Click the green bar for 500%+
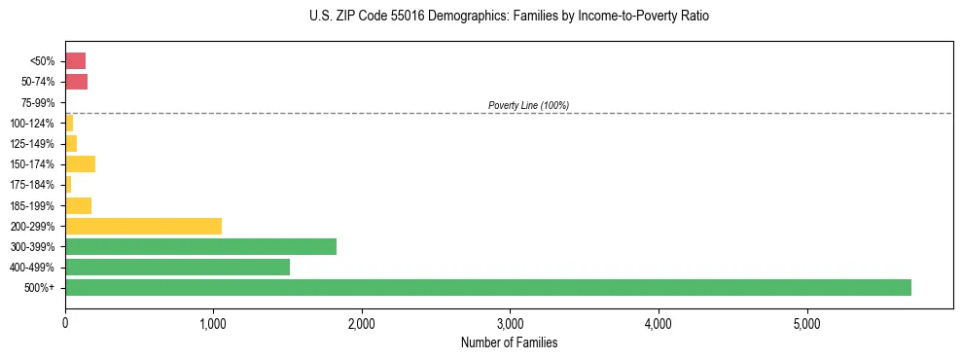pos(487,287)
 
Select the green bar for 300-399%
pos(200,246)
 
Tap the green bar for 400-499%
pos(177,267)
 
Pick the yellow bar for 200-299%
pos(143,226)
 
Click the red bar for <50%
pos(75,60)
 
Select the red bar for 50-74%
pos(76,82)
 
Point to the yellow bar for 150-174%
pos(80,163)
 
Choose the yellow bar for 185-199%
pos(78,205)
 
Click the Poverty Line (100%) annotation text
pos(528,105)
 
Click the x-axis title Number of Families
pos(509,342)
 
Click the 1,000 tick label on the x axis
pos(213,322)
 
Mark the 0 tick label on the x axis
pos(65,322)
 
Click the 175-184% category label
pos(34,185)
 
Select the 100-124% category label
pos(34,123)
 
